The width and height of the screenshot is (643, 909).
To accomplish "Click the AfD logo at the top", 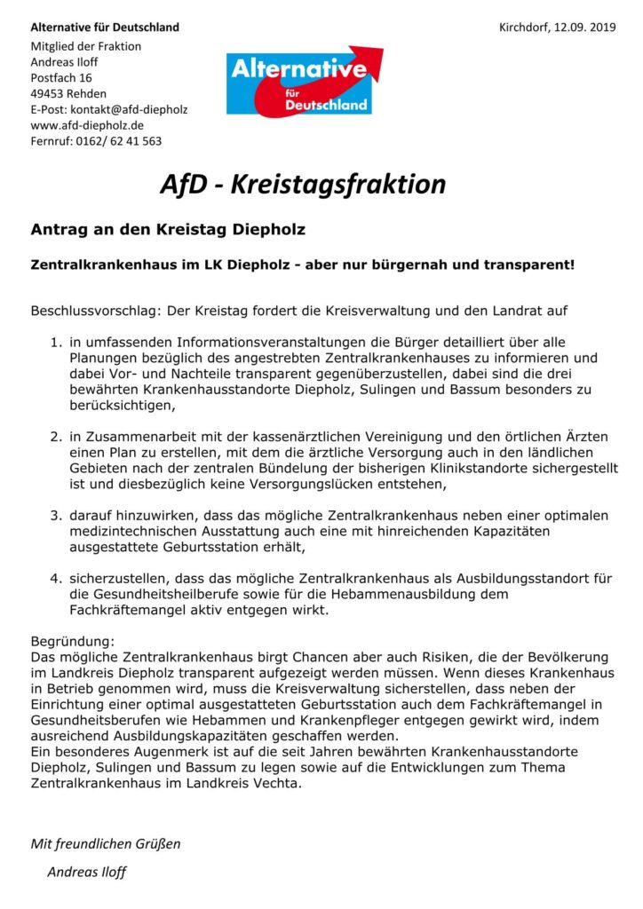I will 305,81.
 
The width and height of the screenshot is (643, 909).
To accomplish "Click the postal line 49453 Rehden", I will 68,93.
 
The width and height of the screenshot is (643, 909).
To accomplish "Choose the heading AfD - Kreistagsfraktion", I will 302,184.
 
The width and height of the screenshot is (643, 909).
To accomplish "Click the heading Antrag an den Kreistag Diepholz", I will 168,230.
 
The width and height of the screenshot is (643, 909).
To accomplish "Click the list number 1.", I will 55,342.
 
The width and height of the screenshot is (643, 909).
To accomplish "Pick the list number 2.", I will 55,436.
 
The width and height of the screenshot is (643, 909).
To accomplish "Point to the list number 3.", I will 55,515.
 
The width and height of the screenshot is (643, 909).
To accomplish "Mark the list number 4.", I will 55,579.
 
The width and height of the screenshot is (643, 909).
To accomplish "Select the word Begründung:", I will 73,640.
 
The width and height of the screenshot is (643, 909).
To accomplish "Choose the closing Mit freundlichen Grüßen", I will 106,843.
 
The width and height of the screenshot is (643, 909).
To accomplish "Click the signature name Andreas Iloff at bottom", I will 86,872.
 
